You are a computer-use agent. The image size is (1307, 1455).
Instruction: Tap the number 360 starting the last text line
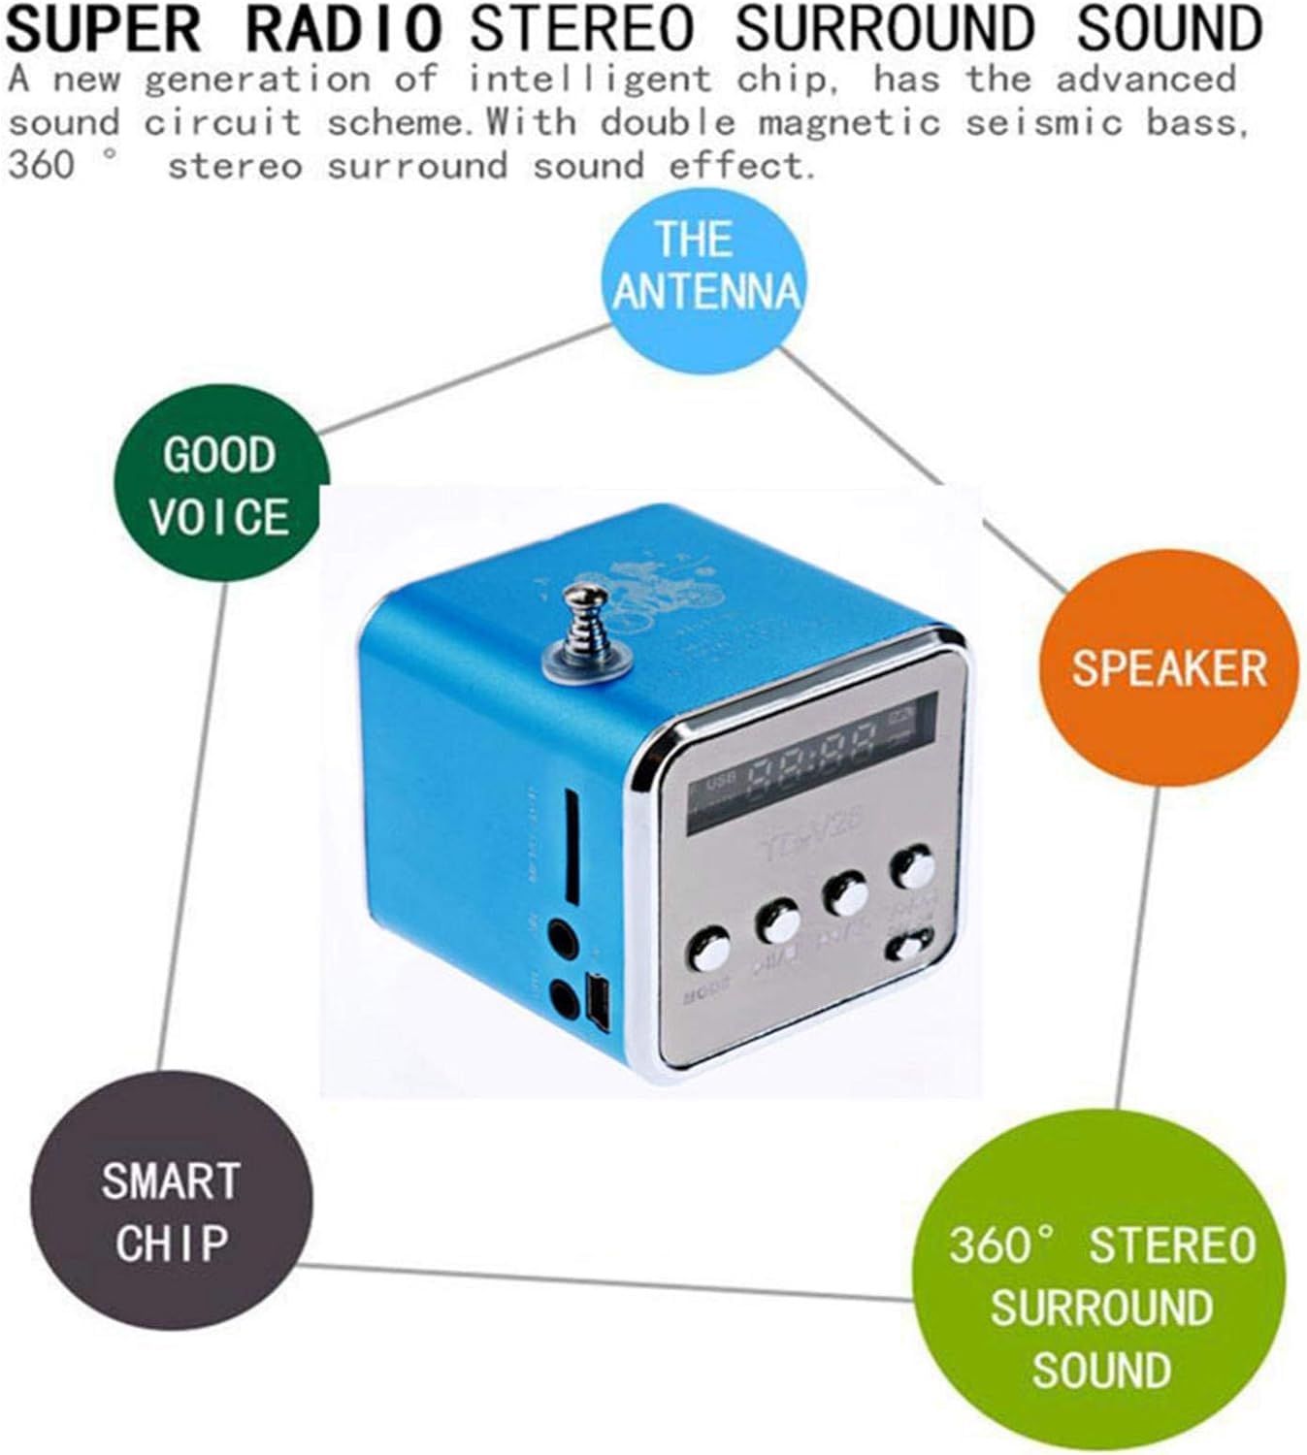coord(41,165)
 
